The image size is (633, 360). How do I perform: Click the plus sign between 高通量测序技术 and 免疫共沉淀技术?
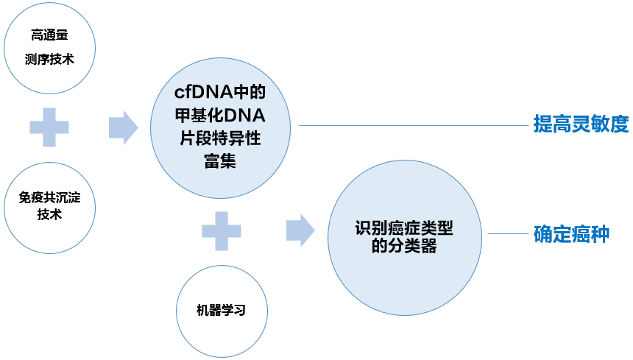pyautogui.click(x=49, y=127)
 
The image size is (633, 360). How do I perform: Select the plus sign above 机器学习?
pyautogui.click(x=222, y=230)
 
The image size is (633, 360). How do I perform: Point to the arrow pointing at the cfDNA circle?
pyautogui.click(x=123, y=127)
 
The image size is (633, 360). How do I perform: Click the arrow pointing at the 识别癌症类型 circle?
pyautogui.click(x=300, y=230)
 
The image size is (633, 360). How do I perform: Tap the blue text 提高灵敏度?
pyautogui.click(x=581, y=124)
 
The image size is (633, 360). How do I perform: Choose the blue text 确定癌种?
pyautogui.click(x=571, y=235)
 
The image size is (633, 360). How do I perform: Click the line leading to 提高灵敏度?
pyautogui.click(x=412, y=125)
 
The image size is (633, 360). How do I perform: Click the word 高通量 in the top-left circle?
pyautogui.click(x=50, y=35)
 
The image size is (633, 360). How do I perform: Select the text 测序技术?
pyautogui.click(x=50, y=60)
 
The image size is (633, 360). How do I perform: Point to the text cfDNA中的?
pyautogui.click(x=219, y=94)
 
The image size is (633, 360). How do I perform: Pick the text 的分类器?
pyautogui.click(x=403, y=247)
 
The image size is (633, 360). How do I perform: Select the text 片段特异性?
pyautogui.click(x=219, y=138)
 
